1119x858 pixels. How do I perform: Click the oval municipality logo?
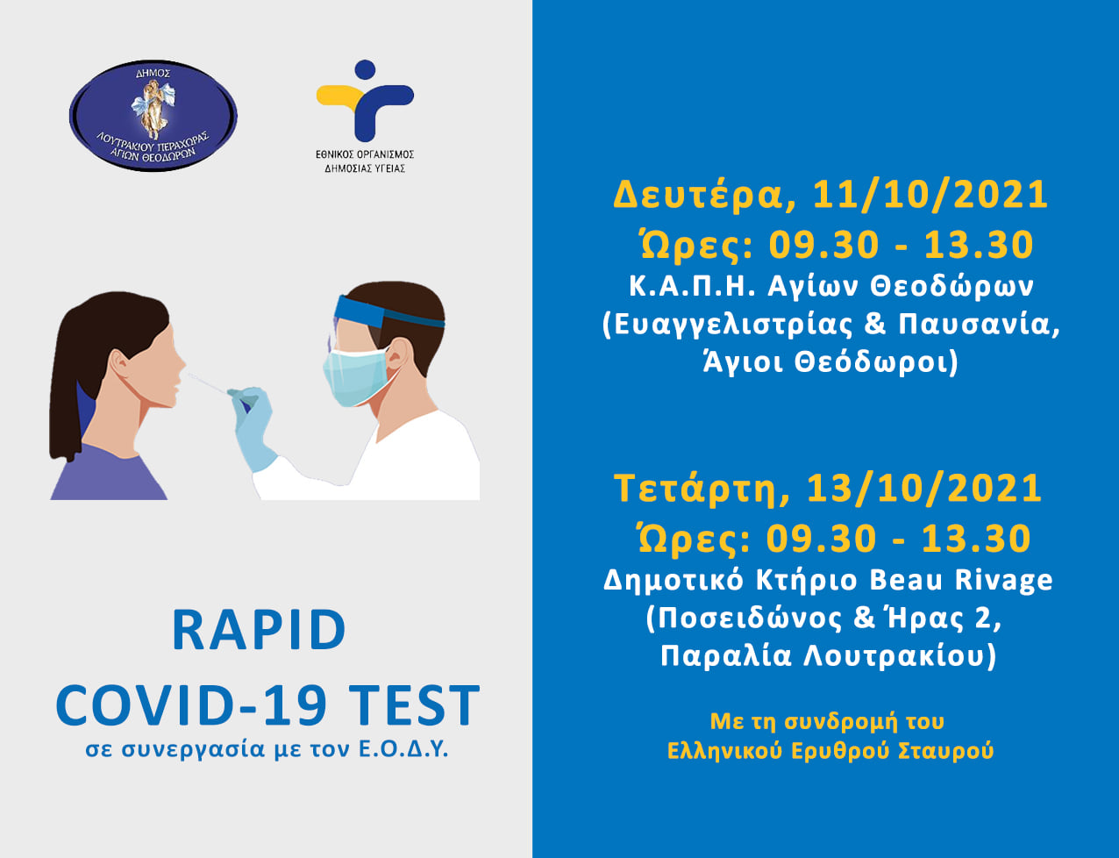coord(153,115)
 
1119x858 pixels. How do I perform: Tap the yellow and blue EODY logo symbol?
coord(365,100)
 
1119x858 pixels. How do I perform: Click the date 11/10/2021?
coord(930,195)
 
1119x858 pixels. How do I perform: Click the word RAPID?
coord(259,630)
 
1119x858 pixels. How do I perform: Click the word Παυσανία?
coord(979,325)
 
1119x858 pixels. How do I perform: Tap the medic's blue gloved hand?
coord(252,425)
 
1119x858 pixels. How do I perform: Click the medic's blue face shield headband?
coord(388,311)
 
